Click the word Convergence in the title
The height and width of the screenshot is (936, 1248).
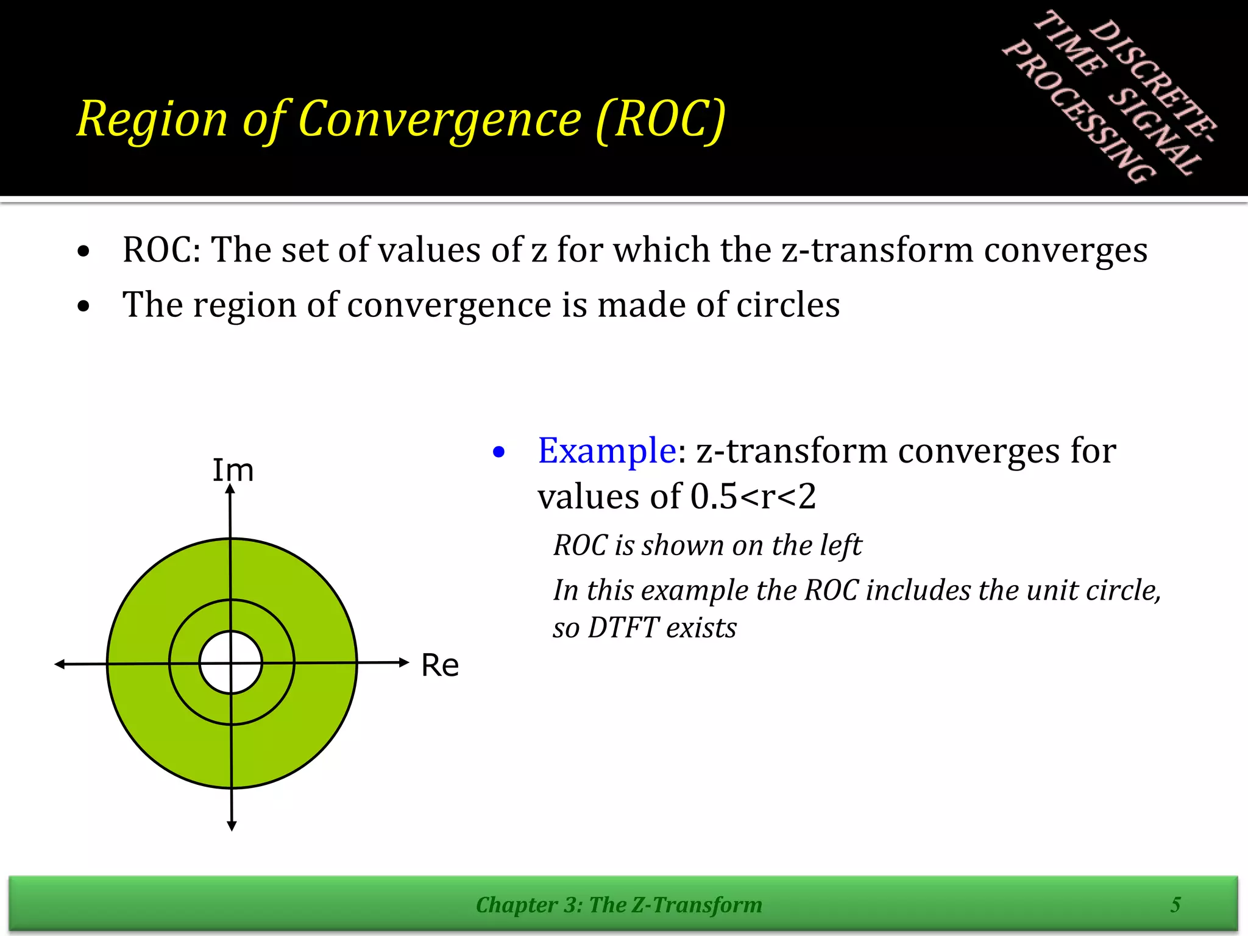pos(440,119)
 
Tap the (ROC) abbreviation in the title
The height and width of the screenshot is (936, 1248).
pos(661,119)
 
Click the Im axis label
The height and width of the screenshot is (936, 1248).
pos(233,470)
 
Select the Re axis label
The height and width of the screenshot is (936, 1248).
pos(440,665)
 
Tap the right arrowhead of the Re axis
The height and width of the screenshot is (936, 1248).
pos(403,662)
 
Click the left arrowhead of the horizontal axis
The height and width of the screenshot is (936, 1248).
pos(60,664)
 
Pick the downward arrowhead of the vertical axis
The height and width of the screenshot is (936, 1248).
pos(232,826)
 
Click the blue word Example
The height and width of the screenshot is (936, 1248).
pos(606,451)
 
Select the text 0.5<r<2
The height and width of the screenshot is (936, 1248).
pos(753,497)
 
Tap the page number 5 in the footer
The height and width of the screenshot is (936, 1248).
pos(1175,904)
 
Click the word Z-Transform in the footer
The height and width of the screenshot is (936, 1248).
pos(697,905)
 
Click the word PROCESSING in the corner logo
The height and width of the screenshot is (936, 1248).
pos(1079,113)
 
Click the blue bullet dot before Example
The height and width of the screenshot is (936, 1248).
pos(499,452)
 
